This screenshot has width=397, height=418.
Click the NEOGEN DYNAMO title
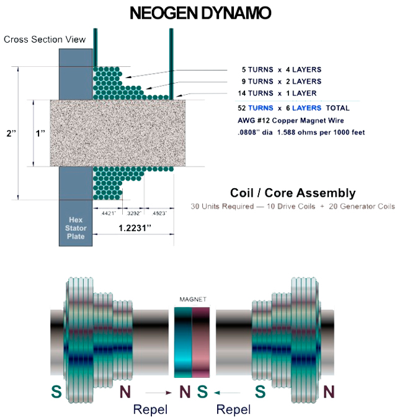[199, 14]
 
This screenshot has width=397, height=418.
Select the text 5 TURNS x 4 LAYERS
[282, 69]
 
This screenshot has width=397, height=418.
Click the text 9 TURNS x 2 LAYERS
[282, 81]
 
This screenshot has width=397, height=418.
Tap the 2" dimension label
[9, 133]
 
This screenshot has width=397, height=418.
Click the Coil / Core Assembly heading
[293, 193]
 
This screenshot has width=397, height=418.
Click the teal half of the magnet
[183, 342]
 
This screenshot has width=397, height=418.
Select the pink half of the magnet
[202, 342]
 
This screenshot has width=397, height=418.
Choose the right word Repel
[233, 409]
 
